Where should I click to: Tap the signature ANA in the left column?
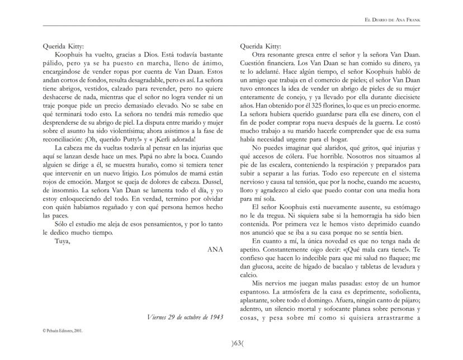[214, 249]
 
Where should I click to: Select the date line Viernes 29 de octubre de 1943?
[182, 318]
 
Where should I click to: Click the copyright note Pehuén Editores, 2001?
[62, 331]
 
